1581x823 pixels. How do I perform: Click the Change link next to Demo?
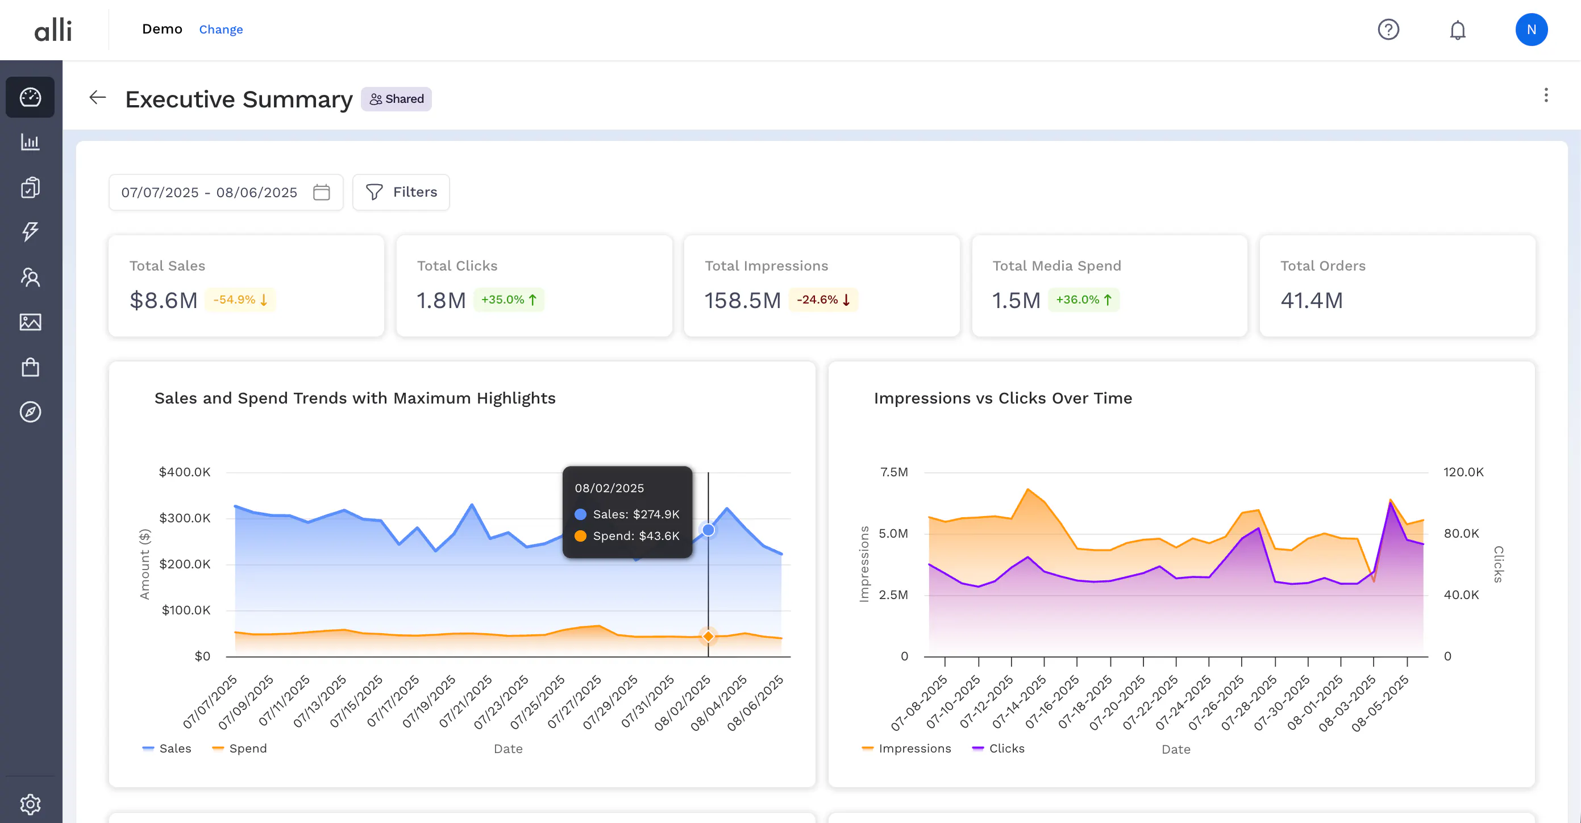(220, 30)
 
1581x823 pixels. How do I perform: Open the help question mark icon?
(1388, 30)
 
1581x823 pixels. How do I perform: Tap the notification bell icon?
(1457, 30)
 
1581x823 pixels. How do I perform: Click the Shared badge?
(397, 99)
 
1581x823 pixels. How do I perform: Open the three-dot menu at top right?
(1545, 95)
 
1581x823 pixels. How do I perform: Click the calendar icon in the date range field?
(321, 192)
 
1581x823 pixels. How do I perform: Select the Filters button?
(401, 192)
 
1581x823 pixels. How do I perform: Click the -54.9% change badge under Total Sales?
(240, 300)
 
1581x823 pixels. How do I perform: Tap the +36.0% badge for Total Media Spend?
(1083, 300)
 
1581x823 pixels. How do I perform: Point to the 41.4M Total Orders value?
(1311, 300)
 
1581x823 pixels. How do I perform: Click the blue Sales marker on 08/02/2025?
(708, 530)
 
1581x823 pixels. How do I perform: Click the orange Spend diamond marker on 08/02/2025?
(708, 636)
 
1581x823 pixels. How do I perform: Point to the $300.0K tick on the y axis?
(185, 518)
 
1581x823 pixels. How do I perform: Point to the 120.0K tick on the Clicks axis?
(1463, 472)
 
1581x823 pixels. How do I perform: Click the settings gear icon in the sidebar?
(30, 803)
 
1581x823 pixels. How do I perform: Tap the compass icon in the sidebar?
(30, 412)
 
